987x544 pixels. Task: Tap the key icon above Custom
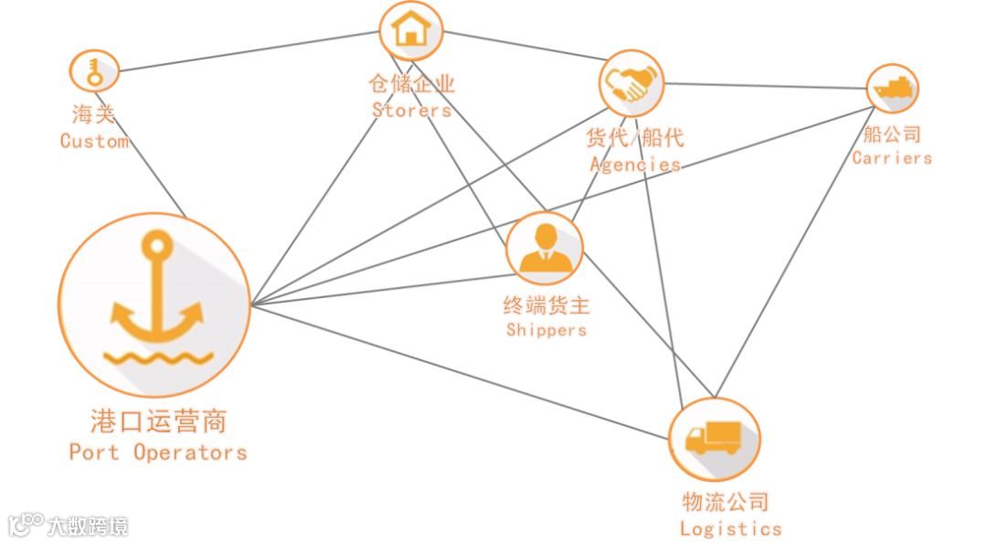[94, 70]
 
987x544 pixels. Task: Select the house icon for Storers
[410, 29]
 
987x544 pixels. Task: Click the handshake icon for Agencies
[631, 82]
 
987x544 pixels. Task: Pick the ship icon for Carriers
[892, 89]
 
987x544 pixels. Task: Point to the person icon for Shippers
[546, 249]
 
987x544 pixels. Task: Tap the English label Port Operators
[158, 452]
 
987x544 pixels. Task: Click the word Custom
[94, 141]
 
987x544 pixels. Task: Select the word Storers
[411, 110]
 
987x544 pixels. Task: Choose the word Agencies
[635, 165]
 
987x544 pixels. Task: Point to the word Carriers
[892, 157]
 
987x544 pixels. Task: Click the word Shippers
[547, 329]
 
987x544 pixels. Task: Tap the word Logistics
[730, 528]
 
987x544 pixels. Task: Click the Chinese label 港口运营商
[158, 421]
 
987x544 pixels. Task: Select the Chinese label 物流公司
[726, 501]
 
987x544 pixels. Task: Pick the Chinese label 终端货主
[547, 305]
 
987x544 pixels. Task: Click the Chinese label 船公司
[892, 134]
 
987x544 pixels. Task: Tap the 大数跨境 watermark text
[88, 526]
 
